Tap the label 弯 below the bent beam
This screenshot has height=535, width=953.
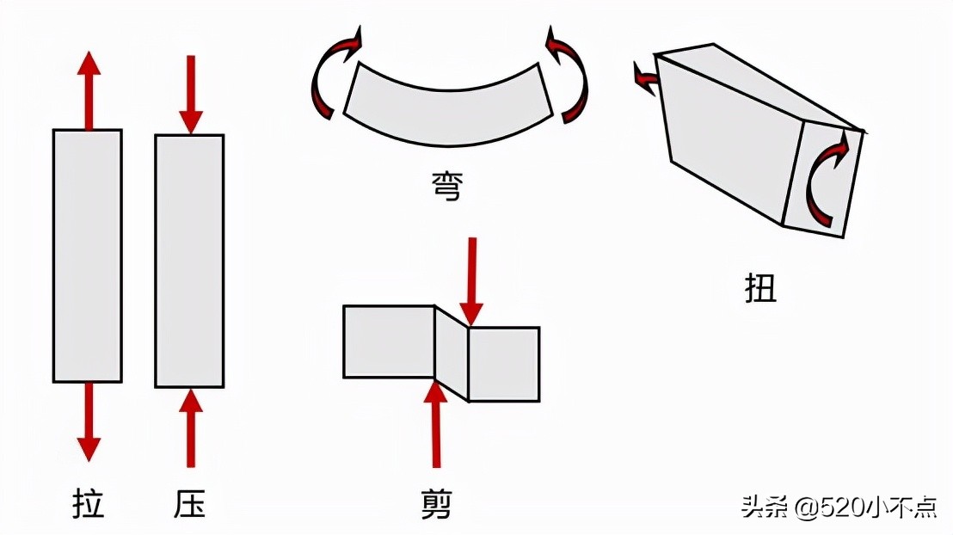pos(446,185)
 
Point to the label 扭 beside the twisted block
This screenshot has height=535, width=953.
pos(760,288)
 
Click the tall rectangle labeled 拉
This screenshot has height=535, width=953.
pos(87,255)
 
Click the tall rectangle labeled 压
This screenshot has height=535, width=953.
pos(189,261)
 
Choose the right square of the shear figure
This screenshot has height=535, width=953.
pos(503,364)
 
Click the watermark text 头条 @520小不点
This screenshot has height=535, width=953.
pos(838,507)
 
